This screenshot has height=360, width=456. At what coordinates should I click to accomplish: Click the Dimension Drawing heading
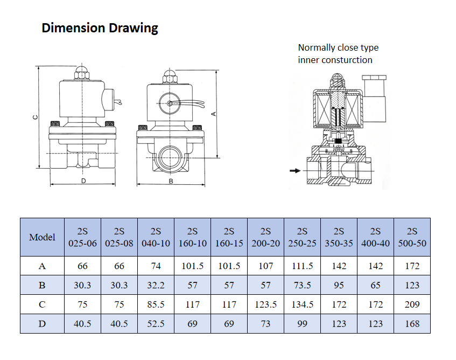click(x=100, y=28)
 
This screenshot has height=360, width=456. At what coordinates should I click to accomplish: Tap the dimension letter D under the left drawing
click(x=83, y=181)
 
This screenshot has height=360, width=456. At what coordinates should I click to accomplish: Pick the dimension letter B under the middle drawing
click(x=171, y=182)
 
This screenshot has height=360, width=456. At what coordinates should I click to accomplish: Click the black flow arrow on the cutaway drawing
click(x=294, y=171)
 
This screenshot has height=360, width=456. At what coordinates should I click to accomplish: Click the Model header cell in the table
click(x=42, y=237)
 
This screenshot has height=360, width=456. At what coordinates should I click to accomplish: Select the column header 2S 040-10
click(x=156, y=237)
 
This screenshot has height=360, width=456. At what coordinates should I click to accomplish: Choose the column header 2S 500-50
click(x=412, y=237)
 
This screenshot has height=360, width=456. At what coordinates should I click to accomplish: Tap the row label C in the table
click(x=42, y=304)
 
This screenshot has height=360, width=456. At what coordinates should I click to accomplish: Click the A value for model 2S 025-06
click(x=82, y=266)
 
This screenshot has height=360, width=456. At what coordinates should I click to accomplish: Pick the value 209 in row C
click(x=412, y=304)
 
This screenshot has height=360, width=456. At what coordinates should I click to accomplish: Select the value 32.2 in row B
click(x=156, y=285)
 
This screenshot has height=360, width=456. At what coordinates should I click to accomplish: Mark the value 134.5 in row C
click(x=302, y=304)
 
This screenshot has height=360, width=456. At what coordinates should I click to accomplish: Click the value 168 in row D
click(x=412, y=324)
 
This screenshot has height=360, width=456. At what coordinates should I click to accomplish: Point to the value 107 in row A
click(x=265, y=266)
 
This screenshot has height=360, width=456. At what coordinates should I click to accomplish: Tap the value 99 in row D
click(x=302, y=324)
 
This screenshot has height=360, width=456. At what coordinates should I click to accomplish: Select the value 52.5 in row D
click(x=156, y=324)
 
